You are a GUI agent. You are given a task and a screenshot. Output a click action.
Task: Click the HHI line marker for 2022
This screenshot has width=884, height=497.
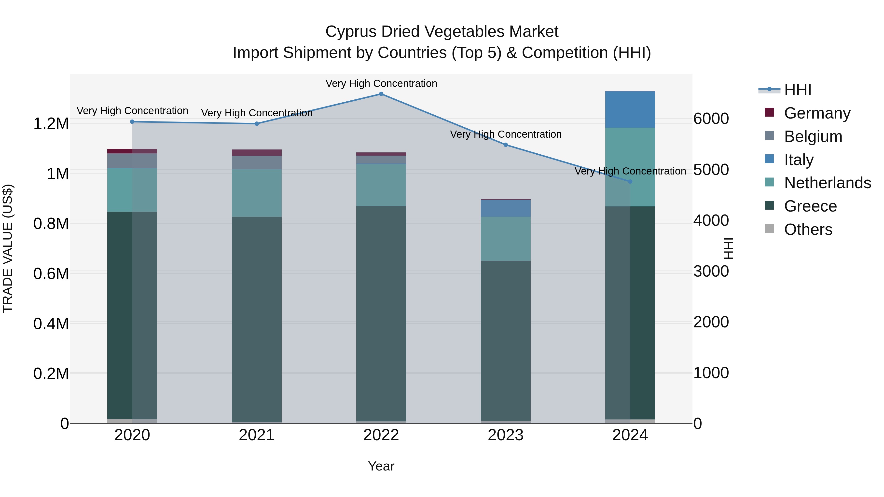381,94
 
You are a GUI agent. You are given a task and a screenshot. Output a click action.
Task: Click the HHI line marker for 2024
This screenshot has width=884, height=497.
630,181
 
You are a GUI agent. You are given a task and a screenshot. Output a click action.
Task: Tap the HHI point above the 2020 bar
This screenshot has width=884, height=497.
132,122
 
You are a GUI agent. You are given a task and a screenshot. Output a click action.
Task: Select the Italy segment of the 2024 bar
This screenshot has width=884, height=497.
630,110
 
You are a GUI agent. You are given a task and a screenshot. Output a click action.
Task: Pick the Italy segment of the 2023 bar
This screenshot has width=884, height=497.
506,208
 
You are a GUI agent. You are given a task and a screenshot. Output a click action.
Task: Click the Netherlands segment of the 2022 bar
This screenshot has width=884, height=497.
381,185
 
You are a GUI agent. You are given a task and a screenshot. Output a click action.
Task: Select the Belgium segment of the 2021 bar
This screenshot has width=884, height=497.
257,162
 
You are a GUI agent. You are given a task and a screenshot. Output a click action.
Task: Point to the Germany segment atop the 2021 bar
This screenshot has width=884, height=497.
257,153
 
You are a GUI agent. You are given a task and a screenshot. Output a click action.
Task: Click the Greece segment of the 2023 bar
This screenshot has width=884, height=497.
506,340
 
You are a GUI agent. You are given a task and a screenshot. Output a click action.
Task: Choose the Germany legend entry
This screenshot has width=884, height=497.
817,113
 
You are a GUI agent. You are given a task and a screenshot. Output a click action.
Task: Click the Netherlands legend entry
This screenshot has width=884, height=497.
827,183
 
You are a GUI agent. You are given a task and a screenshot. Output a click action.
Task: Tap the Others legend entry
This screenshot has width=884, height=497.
808,229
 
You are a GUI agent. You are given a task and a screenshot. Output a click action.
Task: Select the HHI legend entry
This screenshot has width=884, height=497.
798,90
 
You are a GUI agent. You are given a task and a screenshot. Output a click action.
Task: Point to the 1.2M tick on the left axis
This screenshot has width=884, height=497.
51,123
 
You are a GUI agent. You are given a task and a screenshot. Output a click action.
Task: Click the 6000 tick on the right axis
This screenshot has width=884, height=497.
711,119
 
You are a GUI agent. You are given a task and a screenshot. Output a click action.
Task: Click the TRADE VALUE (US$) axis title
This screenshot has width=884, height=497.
8,248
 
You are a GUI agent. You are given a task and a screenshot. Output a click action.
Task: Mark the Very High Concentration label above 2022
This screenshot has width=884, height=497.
381,84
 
